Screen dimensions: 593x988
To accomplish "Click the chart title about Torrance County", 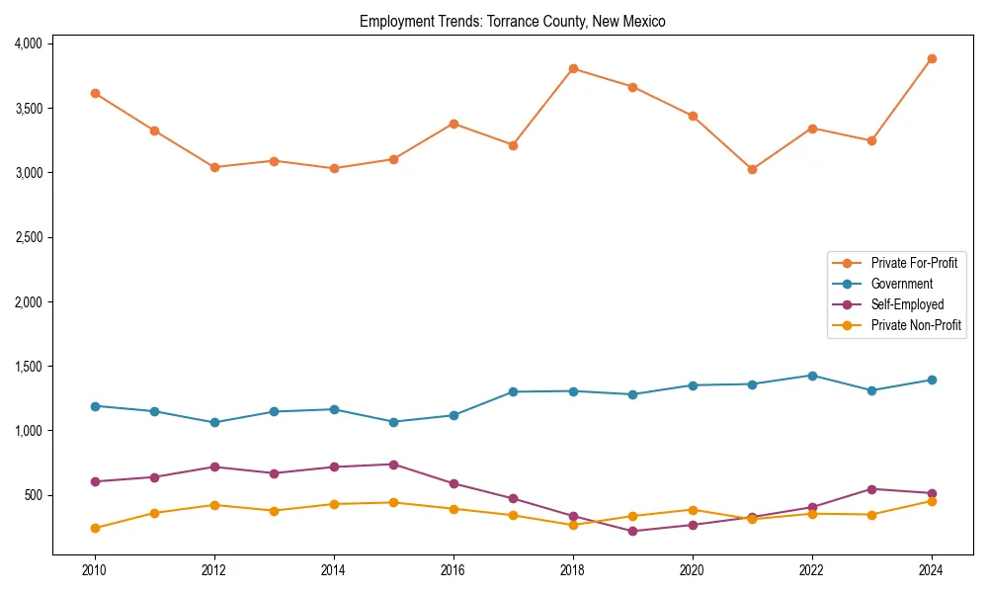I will pyautogui.click(x=512, y=21).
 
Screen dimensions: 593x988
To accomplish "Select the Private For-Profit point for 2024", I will pyautogui.click(x=932, y=58).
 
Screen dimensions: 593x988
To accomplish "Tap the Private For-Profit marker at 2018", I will pyautogui.click(x=573, y=68).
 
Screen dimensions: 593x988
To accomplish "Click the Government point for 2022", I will pyautogui.click(x=812, y=376).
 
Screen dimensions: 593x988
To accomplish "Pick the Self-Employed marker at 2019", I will pyautogui.click(x=632, y=532).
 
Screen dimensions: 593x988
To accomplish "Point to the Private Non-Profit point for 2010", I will pyautogui.click(x=95, y=528).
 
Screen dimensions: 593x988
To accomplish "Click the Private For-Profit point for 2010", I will pyautogui.click(x=95, y=93).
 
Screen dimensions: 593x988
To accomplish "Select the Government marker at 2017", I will pyautogui.click(x=513, y=391).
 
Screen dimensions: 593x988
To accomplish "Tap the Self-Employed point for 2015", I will pyautogui.click(x=393, y=465).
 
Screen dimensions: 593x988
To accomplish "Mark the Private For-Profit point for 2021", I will pyautogui.click(x=752, y=169).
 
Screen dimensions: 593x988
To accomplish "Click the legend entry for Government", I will pyautogui.click(x=901, y=284).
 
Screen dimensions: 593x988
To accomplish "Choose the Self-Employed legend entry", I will pyautogui.click(x=907, y=304).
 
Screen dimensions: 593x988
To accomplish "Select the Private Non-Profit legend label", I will pyautogui.click(x=916, y=325).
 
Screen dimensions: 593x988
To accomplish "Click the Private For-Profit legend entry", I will pyautogui.click(x=914, y=263).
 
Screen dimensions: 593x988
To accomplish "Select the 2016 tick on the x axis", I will pyautogui.click(x=453, y=570).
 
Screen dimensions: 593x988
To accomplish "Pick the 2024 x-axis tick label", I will pyautogui.click(x=932, y=570).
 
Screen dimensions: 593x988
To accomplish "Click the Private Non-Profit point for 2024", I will pyautogui.click(x=932, y=501).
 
